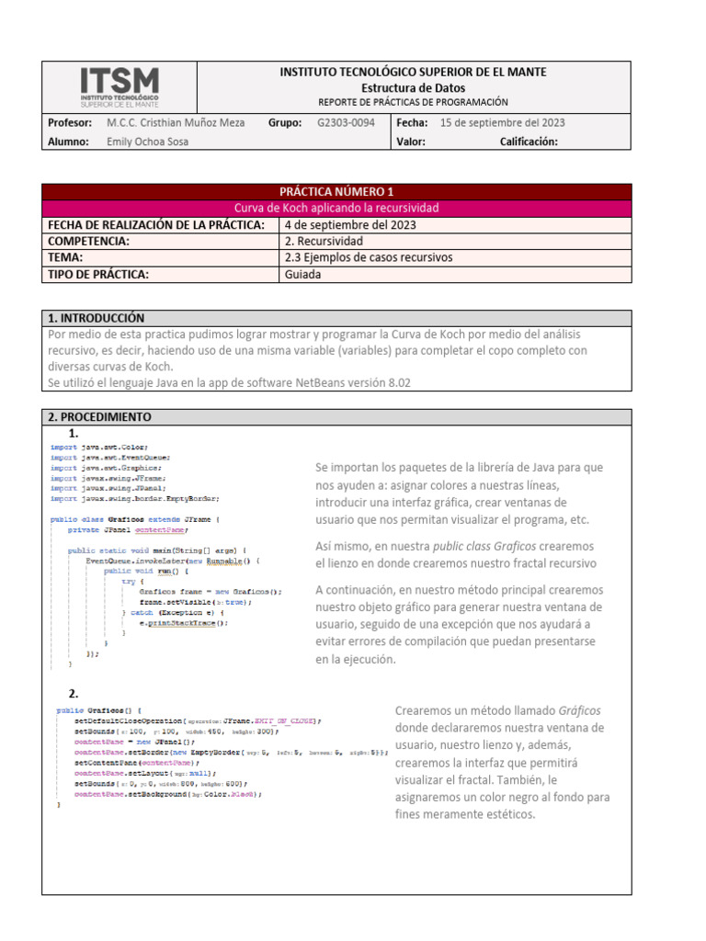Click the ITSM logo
(120, 86)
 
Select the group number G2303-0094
(346, 122)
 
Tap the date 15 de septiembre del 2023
(503, 122)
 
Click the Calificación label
(529, 142)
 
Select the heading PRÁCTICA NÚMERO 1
(336, 192)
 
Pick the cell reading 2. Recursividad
(318, 241)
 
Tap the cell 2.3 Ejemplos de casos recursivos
(369, 257)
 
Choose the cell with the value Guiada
(302, 274)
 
